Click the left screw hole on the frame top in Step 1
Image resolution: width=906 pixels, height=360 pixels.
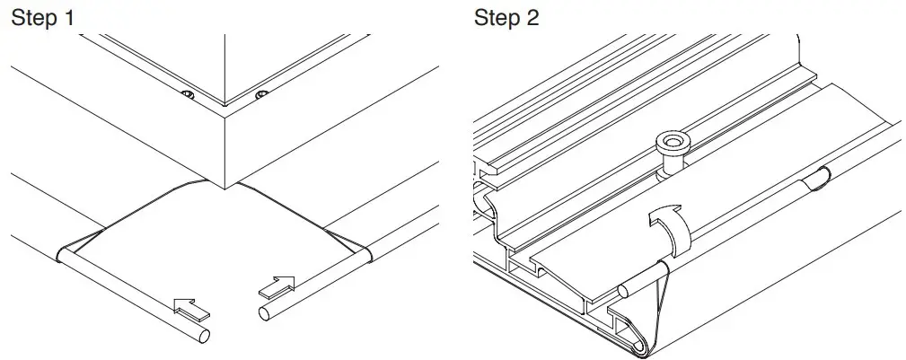click(x=187, y=94)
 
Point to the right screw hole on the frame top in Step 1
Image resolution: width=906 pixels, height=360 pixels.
click(x=260, y=95)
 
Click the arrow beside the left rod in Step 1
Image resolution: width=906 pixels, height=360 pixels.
click(x=193, y=308)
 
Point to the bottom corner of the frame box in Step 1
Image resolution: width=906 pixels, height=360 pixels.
click(x=224, y=186)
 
